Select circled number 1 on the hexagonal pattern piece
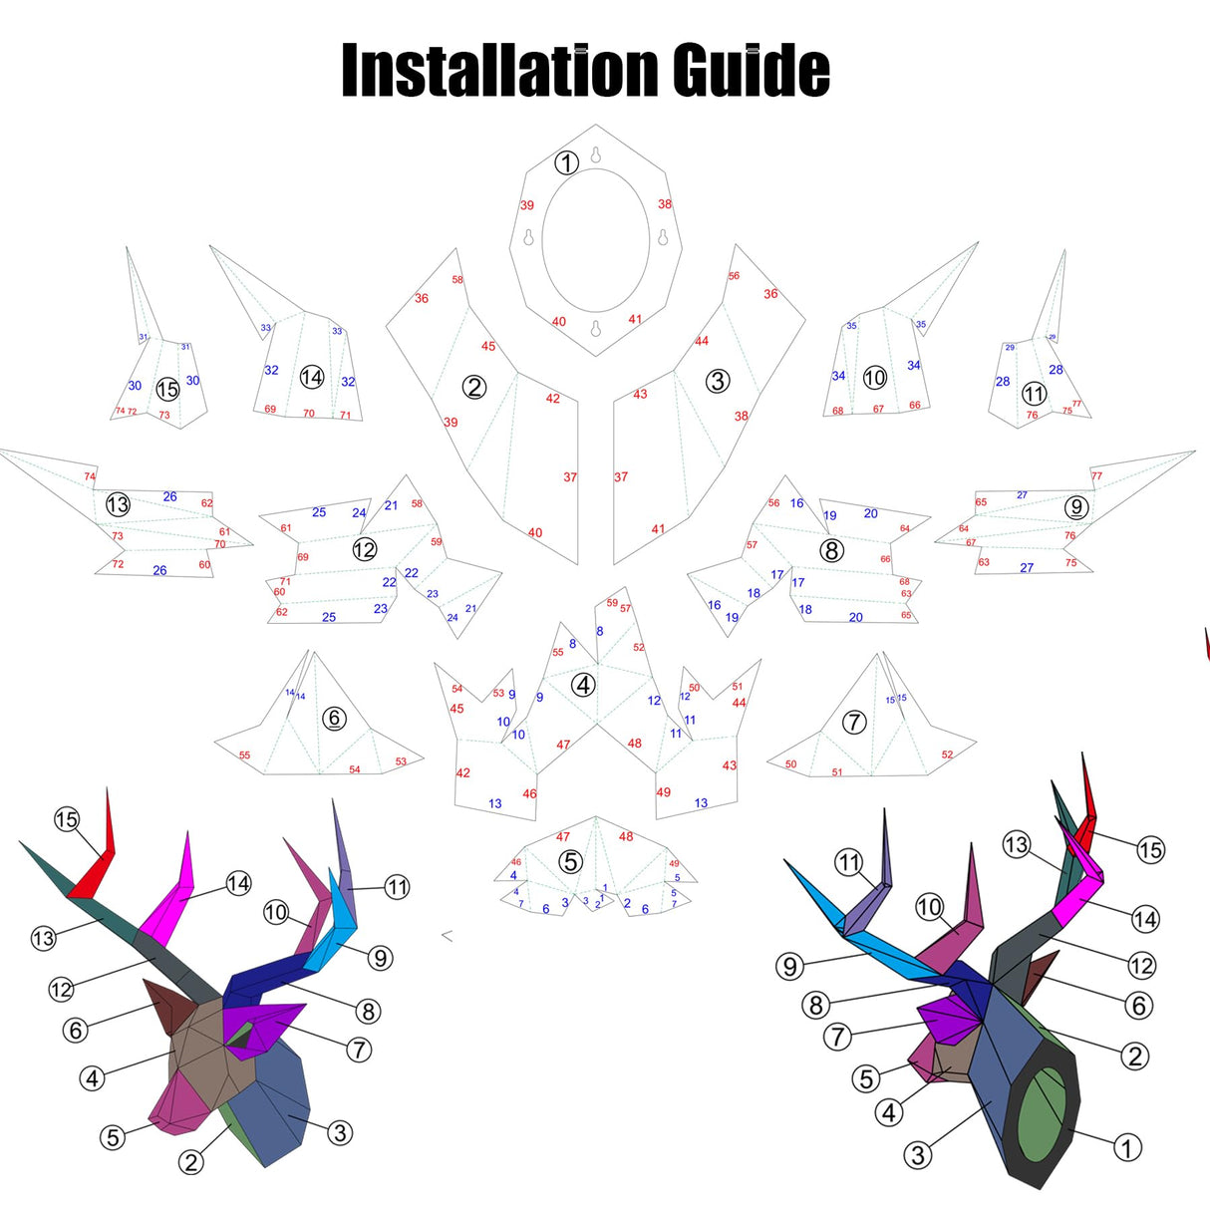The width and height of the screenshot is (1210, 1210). [x=566, y=162]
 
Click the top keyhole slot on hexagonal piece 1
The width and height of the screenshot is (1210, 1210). [x=596, y=154]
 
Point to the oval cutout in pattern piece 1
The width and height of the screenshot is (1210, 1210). [x=595, y=240]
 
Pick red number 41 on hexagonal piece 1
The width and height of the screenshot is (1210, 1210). [x=635, y=319]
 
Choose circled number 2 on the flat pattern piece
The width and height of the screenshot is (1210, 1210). [x=474, y=387]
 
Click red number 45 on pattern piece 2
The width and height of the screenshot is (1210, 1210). [x=488, y=346]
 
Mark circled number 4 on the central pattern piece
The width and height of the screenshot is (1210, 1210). [x=583, y=685]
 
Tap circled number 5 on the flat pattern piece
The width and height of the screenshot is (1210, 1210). [x=570, y=861]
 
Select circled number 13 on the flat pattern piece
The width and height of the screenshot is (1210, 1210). [x=118, y=504]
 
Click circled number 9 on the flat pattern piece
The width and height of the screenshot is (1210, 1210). [x=1075, y=507]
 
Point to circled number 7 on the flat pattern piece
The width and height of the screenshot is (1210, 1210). [x=854, y=722]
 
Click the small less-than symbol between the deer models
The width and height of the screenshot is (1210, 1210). [x=448, y=935]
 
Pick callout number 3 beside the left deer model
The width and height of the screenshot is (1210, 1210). [x=340, y=1132]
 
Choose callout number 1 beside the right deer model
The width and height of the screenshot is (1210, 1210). [x=1127, y=1148]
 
